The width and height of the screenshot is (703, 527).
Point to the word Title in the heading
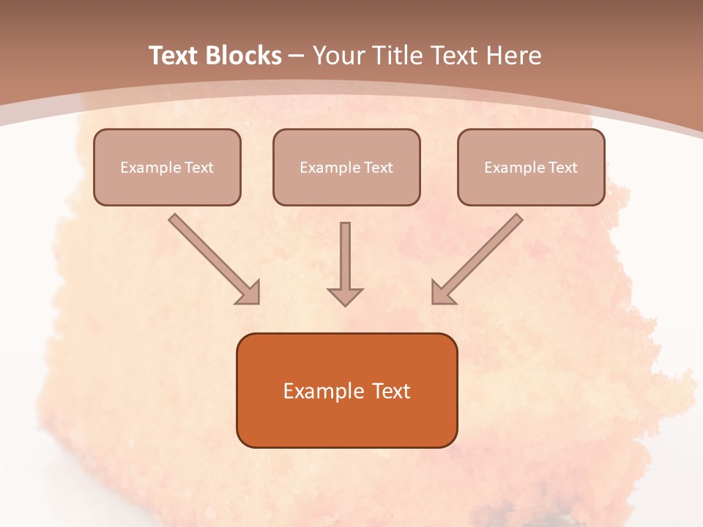[400, 56]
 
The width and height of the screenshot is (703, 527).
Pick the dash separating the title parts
[297, 56]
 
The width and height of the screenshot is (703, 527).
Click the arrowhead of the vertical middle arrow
[345, 296]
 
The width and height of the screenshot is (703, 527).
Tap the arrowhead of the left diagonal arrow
[249, 293]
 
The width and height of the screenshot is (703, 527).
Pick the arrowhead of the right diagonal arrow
[442, 293]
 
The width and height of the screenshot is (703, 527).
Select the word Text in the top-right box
[562, 168]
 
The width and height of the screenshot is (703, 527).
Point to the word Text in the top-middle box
[378, 168]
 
